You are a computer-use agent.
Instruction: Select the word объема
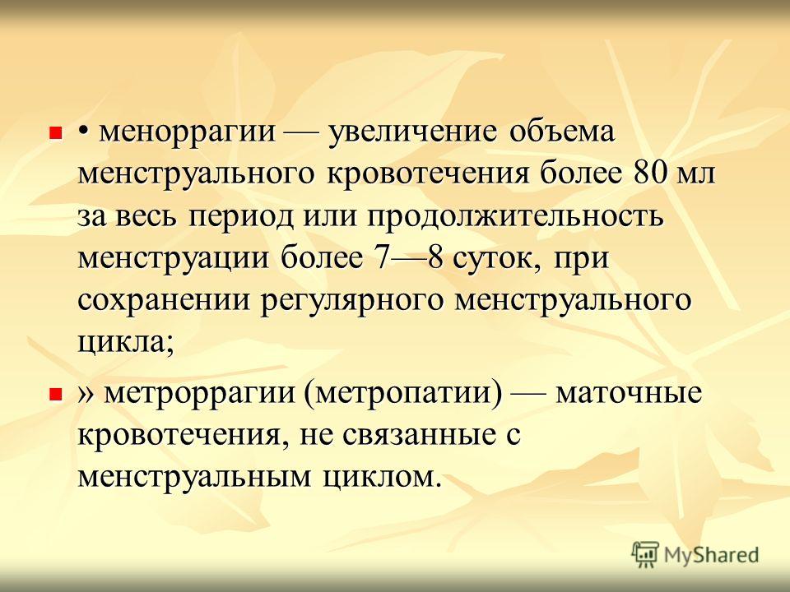tap(562, 132)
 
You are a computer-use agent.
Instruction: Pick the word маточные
tap(629, 394)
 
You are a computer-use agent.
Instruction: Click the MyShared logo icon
tap(645, 553)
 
